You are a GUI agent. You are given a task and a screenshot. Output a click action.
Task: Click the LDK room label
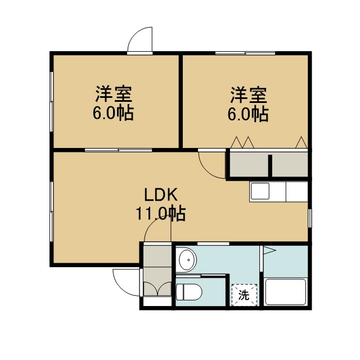(x=161, y=195)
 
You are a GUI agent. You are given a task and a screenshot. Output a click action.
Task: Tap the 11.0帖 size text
(x=161, y=214)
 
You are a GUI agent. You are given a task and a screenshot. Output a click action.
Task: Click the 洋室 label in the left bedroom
(x=114, y=94)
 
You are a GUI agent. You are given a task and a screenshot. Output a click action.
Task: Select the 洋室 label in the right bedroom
(x=249, y=95)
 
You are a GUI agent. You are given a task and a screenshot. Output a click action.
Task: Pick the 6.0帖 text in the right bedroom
(x=248, y=114)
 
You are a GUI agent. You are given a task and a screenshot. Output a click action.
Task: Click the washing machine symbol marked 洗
(x=244, y=295)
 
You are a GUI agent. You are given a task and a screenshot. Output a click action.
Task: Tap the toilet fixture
(x=189, y=292)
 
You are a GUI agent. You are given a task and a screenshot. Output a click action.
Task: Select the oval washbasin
(x=188, y=260)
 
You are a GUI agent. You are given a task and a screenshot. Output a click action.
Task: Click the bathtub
(x=285, y=292)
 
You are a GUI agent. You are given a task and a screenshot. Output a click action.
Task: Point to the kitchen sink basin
(x=260, y=191)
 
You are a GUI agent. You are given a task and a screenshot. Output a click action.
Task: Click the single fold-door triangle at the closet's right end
(x=301, y=142)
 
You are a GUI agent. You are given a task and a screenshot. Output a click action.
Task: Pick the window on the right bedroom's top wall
(x=245, y=53)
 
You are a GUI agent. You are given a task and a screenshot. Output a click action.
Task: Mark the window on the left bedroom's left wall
(x=52, y=102)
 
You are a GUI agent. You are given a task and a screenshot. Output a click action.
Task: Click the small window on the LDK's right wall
(x=310, y=218)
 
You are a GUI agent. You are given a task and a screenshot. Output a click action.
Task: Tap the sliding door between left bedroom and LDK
(x=119, y=150)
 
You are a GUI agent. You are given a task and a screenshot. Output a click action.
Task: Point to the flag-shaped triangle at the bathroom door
(x=269, y=250)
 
